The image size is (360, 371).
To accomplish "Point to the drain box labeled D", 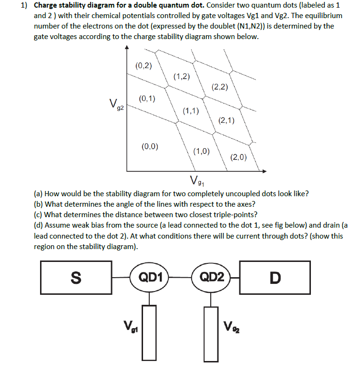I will click(275, 277).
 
